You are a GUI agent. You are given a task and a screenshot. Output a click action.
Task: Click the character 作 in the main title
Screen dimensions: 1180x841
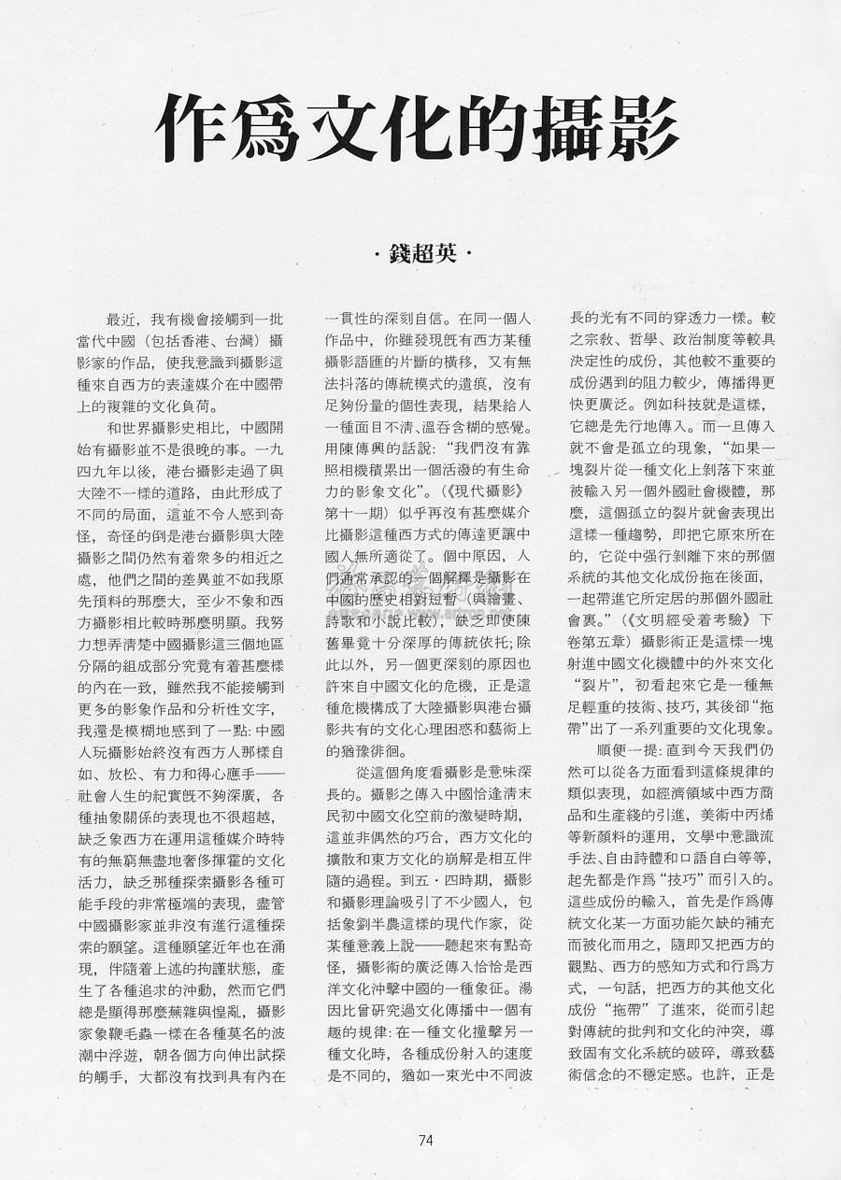tap(192, 128)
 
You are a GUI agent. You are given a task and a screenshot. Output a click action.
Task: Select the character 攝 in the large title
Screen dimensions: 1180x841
tap(567, 128)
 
